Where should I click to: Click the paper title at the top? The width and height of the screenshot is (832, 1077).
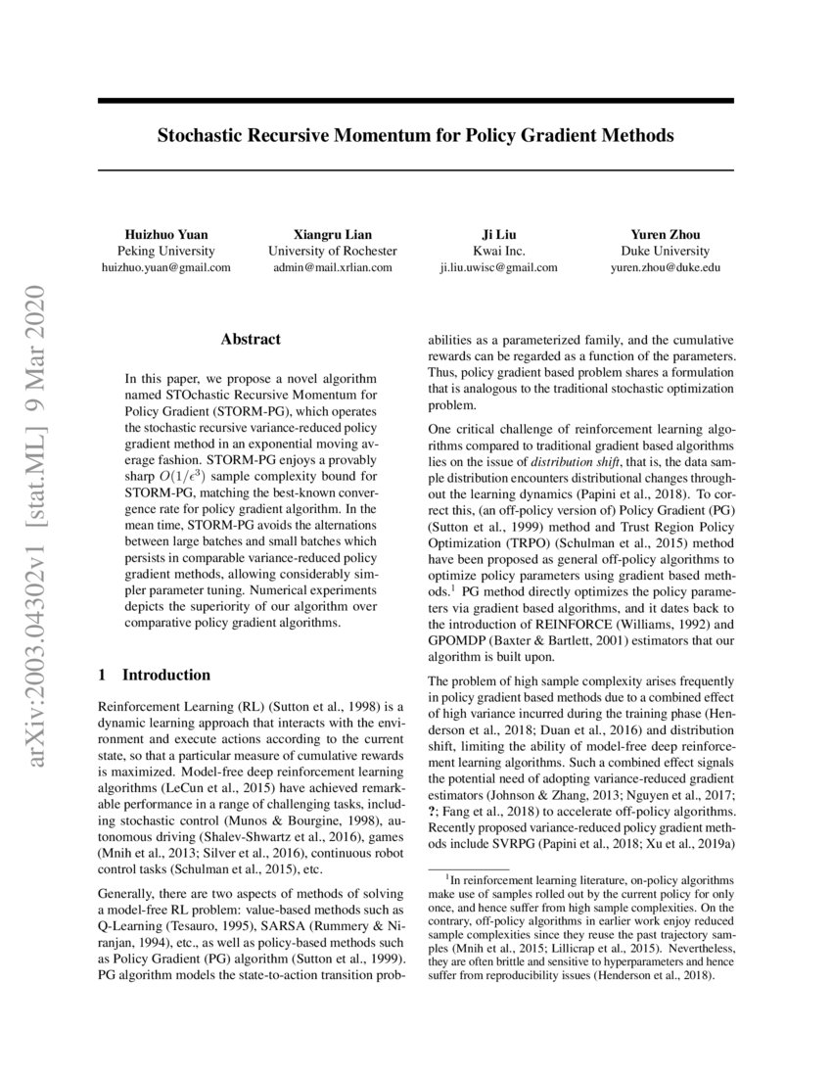coord(415,136)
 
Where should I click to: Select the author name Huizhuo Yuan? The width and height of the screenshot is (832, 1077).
coord(165,235)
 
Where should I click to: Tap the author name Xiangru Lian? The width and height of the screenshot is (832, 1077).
coord(332,235)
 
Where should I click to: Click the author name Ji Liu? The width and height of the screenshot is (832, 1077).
coord(498,235)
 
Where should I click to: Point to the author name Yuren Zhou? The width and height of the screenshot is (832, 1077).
coord(665,235)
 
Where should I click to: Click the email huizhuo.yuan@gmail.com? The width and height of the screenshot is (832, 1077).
coord(165,266)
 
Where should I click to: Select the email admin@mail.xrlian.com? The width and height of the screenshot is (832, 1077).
coord(332,266)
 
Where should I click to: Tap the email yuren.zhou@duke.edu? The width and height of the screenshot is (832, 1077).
coord(665,266)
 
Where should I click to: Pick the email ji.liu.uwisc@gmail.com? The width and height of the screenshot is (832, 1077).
coord(498,266)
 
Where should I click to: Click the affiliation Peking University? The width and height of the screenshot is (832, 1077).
coord(165,251)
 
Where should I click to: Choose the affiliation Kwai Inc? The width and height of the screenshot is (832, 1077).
coord(498,251)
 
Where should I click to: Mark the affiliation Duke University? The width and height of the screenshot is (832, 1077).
coord(665,251)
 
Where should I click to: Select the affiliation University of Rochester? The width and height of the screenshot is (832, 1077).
coord(332,251)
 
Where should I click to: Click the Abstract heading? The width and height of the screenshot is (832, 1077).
coord(251,339)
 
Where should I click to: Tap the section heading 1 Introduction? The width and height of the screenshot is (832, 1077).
coord(155,675)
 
